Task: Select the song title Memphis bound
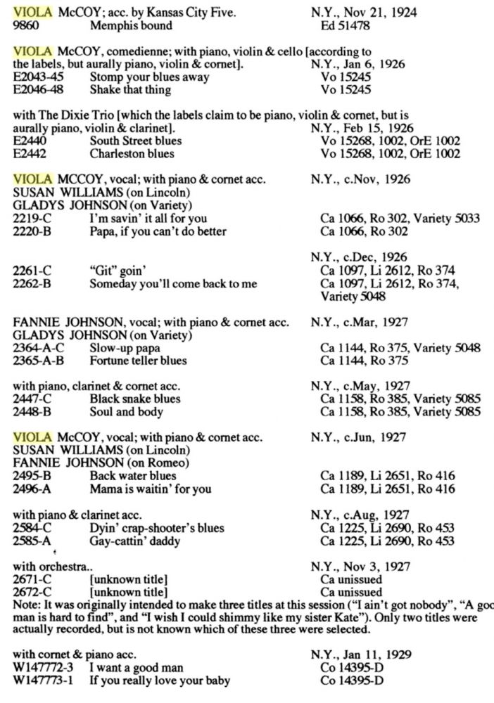pyautogui.click(x=131, y=25)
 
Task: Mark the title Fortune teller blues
pyautogui.click(x=139, y=360)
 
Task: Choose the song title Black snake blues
pyautogui.click(x=135, y=399)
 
